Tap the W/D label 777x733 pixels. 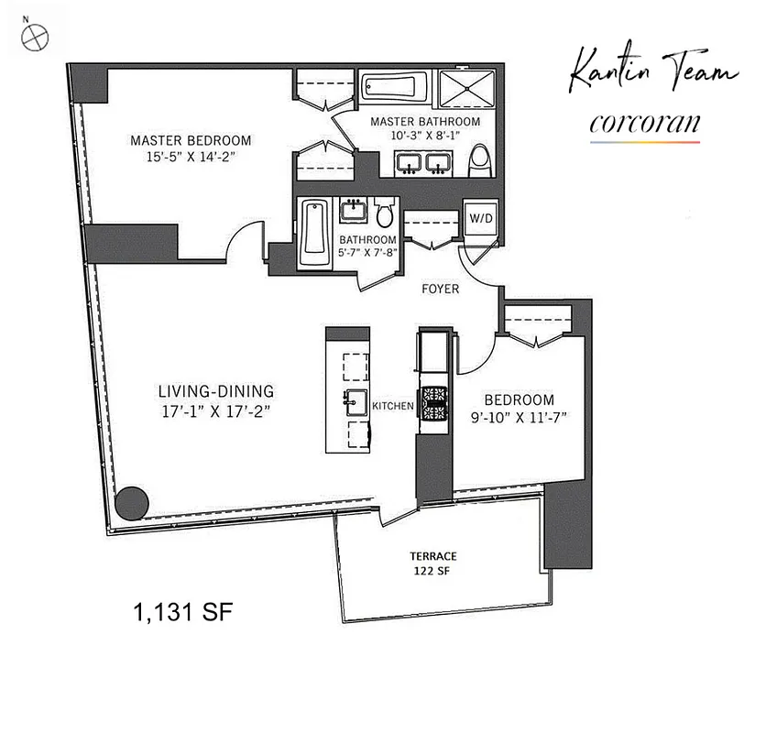(480, 218)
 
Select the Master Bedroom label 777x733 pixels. (191, 140)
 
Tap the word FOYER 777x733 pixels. (440, 290)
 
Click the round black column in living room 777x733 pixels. (134, 503)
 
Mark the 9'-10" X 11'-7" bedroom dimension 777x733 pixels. (519, 417)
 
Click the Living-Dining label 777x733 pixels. (215, 392)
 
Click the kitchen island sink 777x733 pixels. (353, 400)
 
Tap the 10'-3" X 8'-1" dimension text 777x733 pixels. (425, 136)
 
